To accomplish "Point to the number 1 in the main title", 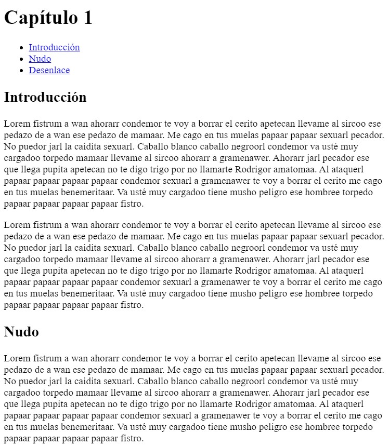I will pyautogui.click(x=87, y=18).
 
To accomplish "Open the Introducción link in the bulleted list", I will pyautogui.click(x=54, y=47).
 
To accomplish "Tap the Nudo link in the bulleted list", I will pyautogui.click(x=40, y=59).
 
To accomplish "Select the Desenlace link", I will pyautogui.click(x=49, y=70).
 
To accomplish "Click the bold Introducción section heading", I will pyautogui.click(x=45, y=97).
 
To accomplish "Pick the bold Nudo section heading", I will pyautogui.click(x=21, y=332).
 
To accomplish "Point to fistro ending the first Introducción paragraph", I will pyautogui.click(x=130, y=204).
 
